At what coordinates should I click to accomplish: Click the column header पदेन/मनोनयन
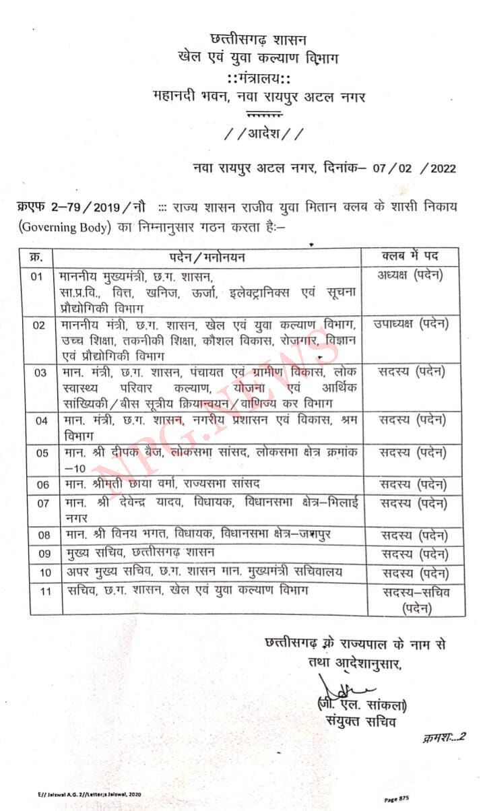[x=206, y=257]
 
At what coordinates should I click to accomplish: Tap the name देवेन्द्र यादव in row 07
[x=140, y=503]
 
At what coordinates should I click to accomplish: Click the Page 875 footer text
[x=397, y=799]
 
